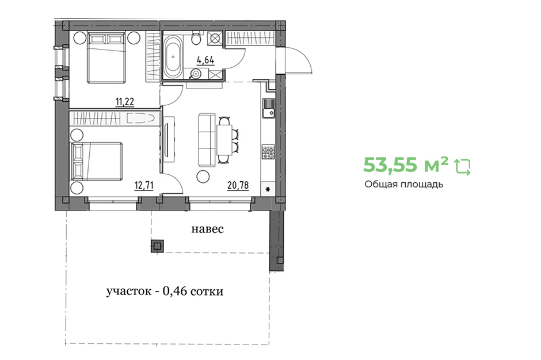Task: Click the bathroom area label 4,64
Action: tap(205, 60)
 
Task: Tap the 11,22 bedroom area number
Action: tap(124, 102)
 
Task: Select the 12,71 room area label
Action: tap(144, 186)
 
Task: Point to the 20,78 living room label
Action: tap(238, 186)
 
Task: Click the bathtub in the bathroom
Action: tap(173, 57)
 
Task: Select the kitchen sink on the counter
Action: tap(268, 108)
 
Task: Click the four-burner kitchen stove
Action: tap(268, 152)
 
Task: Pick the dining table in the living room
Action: tap(224, 140)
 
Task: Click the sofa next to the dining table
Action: tap(206, 140)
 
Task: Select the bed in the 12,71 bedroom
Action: tap(97, 162)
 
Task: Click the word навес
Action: tap(207, 229)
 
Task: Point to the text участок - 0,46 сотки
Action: tap(165, 292)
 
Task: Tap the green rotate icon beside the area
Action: tap(463, 167)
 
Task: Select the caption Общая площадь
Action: tap(403, 185)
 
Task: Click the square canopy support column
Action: tap(157, 246)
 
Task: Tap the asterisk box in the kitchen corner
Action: tap(268, 189)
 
